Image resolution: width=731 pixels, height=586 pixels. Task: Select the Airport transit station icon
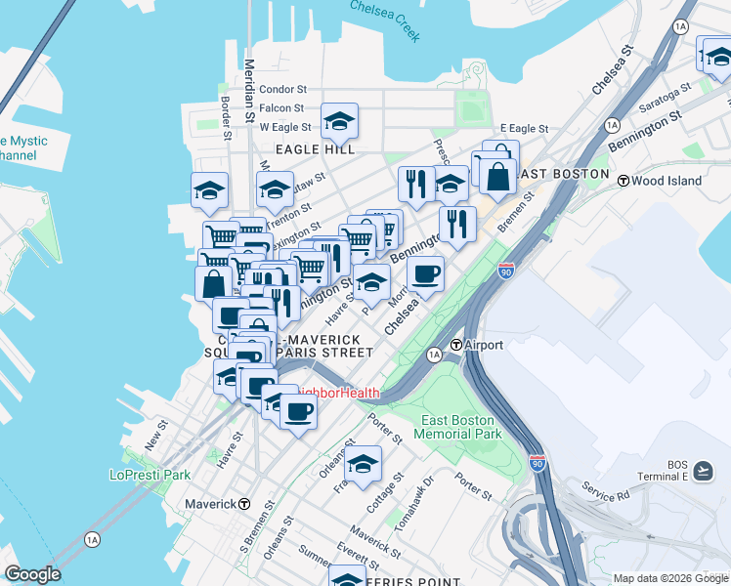pyautogui.click(x=455, y=345)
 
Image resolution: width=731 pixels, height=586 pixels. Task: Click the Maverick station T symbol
pyautogui.click(x=244, y=504)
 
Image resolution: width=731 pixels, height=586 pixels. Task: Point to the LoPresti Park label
pyautogui.click(x=150, y=475)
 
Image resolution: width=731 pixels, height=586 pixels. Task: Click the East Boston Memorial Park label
pyautogui.click(x=460, y=427)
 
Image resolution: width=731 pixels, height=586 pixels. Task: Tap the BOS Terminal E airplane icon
pyautogui.click(x=702, y=472)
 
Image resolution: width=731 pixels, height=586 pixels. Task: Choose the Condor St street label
pyautogui.click(x=283, y=90)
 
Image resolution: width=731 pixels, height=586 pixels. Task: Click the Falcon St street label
pyautogui.click(x=282, y=108)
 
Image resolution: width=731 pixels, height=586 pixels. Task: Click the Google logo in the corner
pyautogui.click(x=31, y=574)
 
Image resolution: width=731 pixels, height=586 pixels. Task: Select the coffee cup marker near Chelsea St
pyautogui.click(x=425, y=273)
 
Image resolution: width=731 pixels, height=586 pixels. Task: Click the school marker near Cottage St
pyautogui.click(x=363, y=464)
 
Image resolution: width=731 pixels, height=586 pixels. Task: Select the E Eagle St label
pyautogui.click(x=524, y=128)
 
